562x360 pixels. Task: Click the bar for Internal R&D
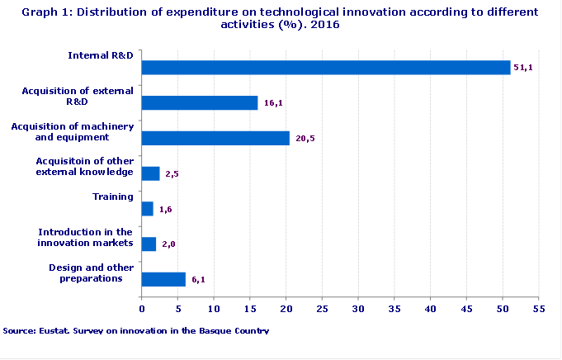pos(326,68)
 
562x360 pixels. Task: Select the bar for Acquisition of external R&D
pos(200,102)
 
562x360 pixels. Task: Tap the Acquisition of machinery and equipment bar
pos(215,138)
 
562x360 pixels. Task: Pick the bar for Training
pos(148,209)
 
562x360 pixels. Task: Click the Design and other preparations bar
pos(163,279)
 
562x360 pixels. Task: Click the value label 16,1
pos(272,103)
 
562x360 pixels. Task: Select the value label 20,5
pos(305,139)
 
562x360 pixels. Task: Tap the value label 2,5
pos(172,174)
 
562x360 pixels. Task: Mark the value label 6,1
pos(198,280)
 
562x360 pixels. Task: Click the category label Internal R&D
pos(101,55)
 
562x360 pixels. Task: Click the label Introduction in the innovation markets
pos(86,238)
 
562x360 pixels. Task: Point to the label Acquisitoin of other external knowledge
pos(85,167)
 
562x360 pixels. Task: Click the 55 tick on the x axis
pos(540,309)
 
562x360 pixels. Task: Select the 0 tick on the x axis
pos(142,309)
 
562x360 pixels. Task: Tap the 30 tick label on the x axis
pos(358,309)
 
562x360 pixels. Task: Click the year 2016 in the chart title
pos(325,25)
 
